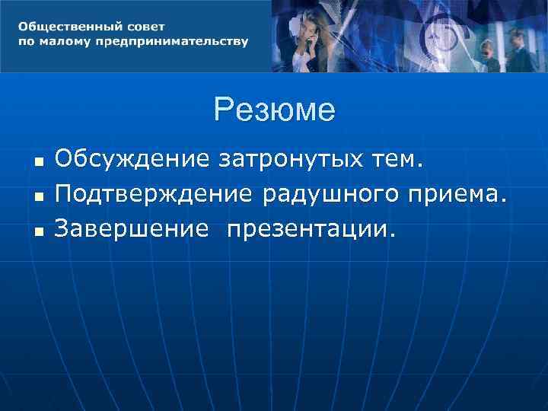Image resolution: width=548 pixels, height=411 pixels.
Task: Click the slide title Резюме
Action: (274, 110)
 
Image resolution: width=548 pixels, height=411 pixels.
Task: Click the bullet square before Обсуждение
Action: (38, 162)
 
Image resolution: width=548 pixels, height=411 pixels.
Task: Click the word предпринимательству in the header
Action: (172, 41)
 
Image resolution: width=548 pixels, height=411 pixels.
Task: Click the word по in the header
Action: (26, 41)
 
